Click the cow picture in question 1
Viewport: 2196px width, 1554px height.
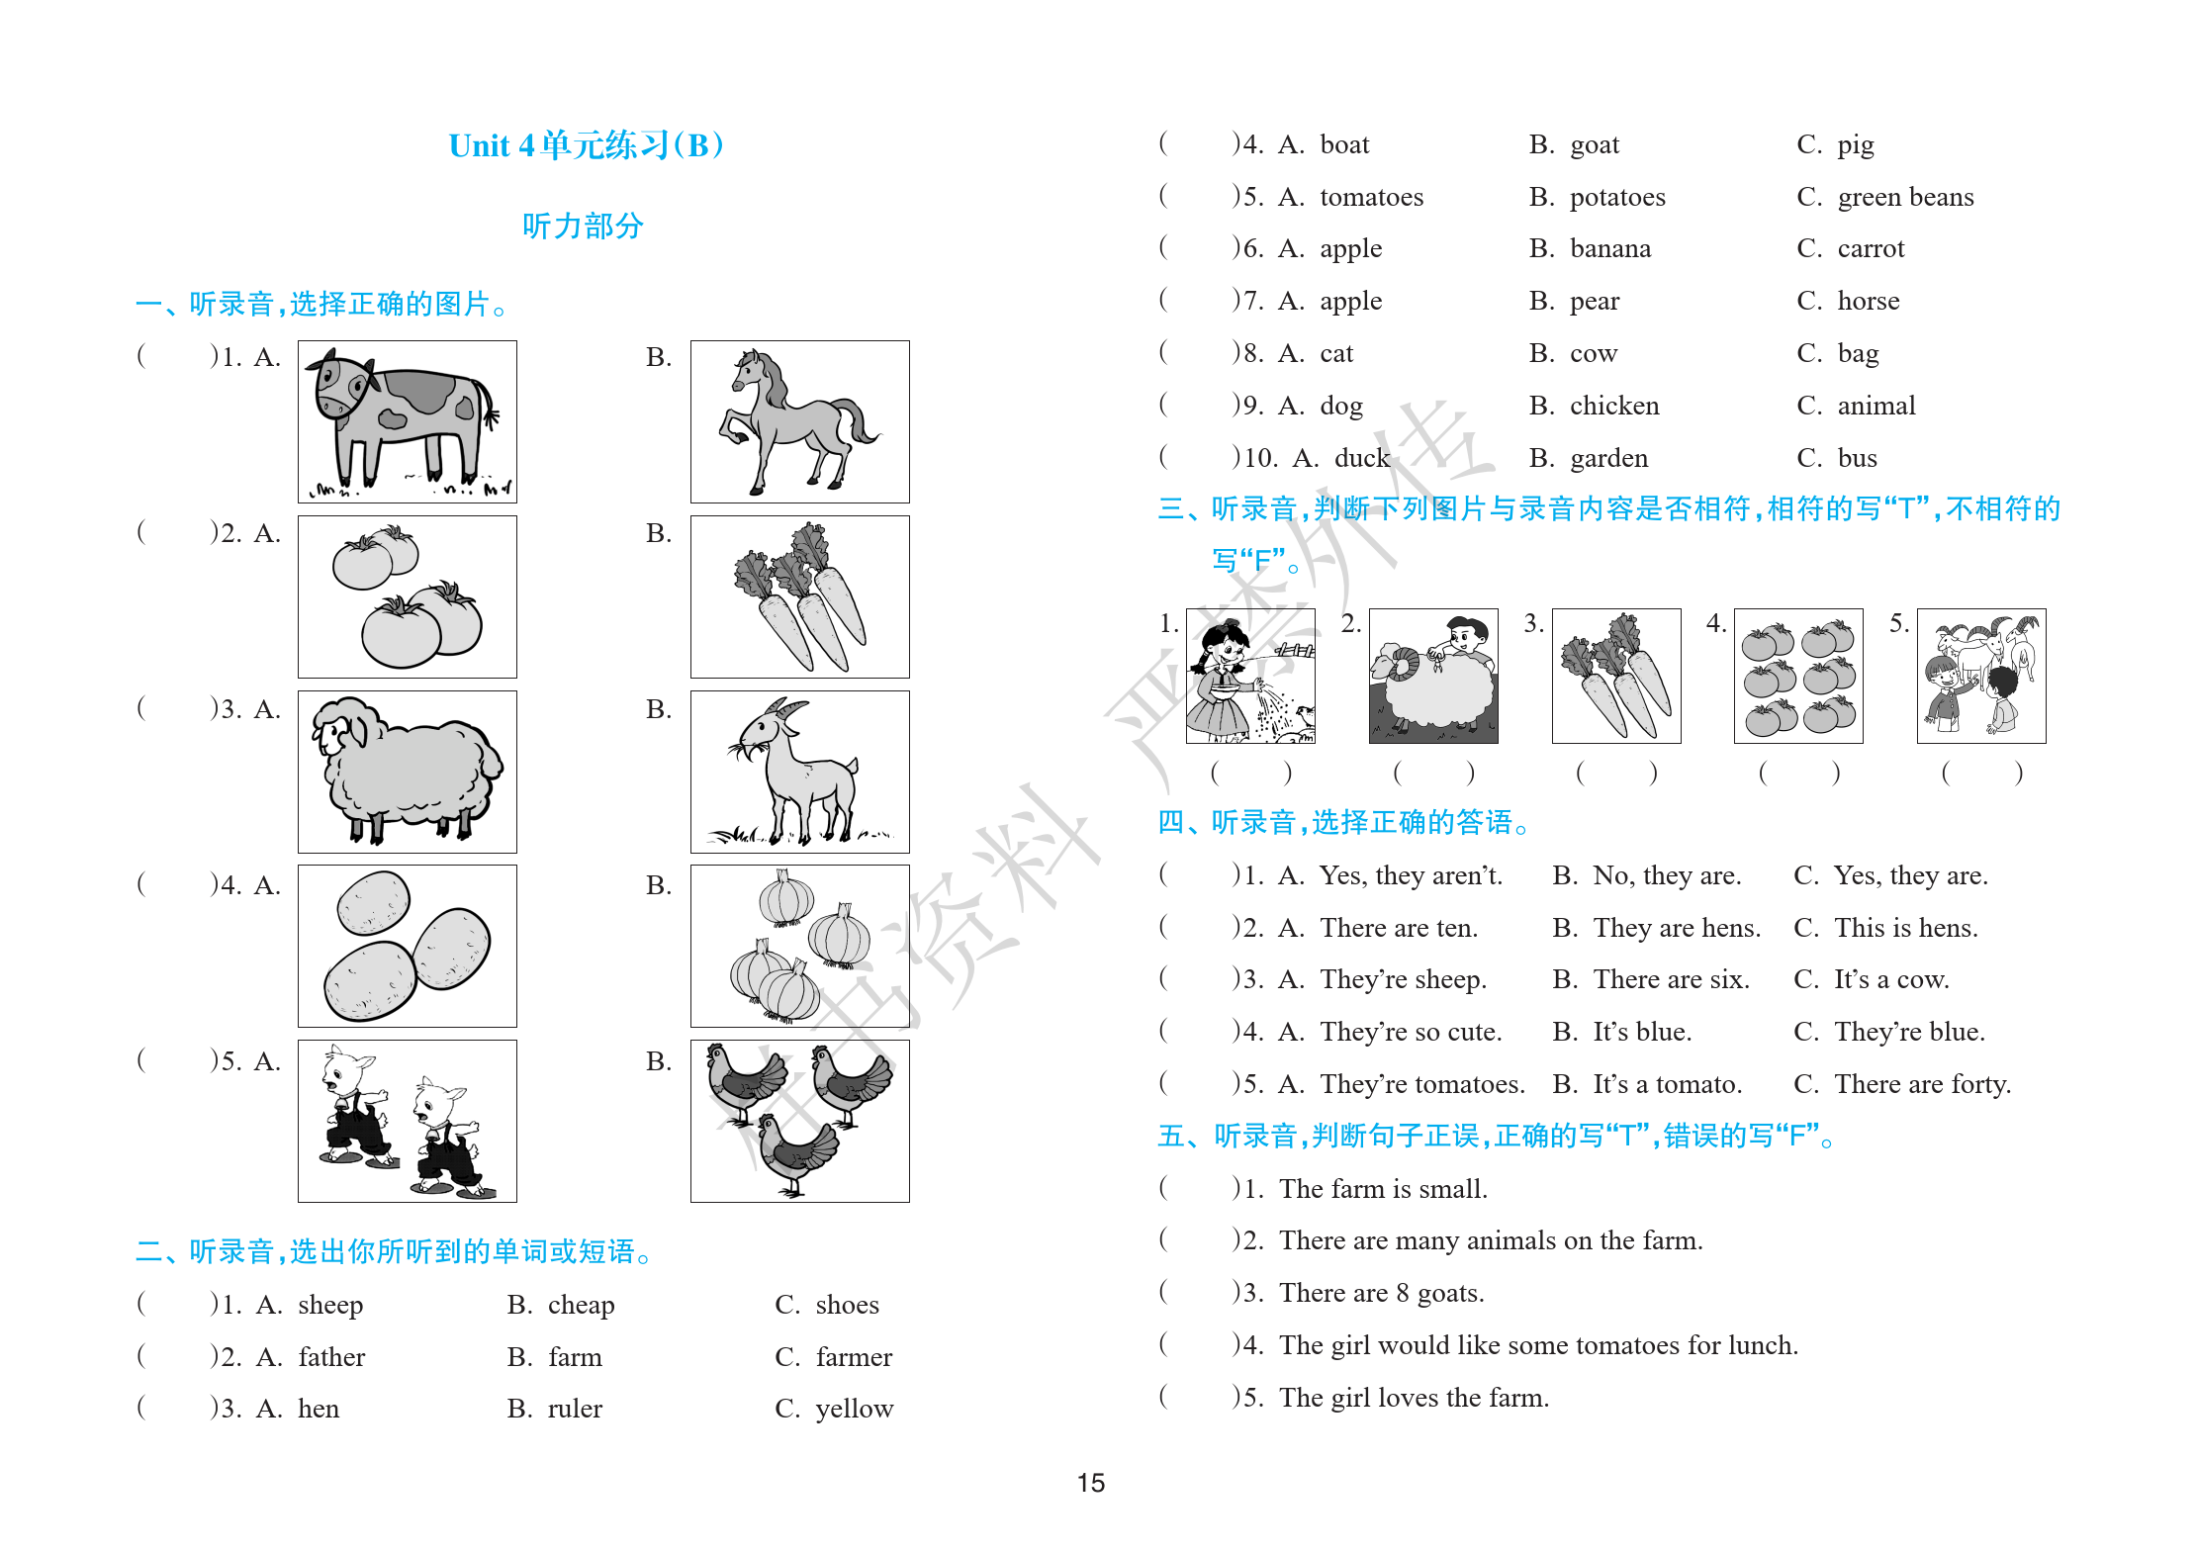pos(407,421)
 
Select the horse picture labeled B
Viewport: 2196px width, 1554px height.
pos(799,421)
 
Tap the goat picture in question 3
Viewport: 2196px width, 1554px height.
pos(799,772)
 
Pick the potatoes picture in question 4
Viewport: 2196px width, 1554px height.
pos(407,946)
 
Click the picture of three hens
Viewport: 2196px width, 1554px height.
pos(799,1121)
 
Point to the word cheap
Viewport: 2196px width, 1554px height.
pos(581,1305)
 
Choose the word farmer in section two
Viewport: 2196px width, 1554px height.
pos(854,1357)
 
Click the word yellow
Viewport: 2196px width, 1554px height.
pos(855,1409)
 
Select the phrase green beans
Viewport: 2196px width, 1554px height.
pos(1905,197)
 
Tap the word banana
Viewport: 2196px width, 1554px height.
pos(1610,248)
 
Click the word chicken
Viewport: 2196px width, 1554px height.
pos(1614,406)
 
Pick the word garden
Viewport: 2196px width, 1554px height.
pos(1608,458)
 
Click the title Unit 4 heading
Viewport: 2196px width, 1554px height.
pos(587,145)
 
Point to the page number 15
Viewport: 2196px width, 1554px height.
pos(1091,1483)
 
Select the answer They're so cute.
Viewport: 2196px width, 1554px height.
pos(1411,1032)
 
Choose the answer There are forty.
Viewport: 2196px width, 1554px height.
pos(1922,1084)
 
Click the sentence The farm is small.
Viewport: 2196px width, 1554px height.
pos(1383,1189)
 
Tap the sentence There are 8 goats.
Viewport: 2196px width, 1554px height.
pos(1381,1293)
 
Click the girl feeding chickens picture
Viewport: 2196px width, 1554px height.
pos(1250,676)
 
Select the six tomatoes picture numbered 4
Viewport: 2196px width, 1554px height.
pos(1798,676)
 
